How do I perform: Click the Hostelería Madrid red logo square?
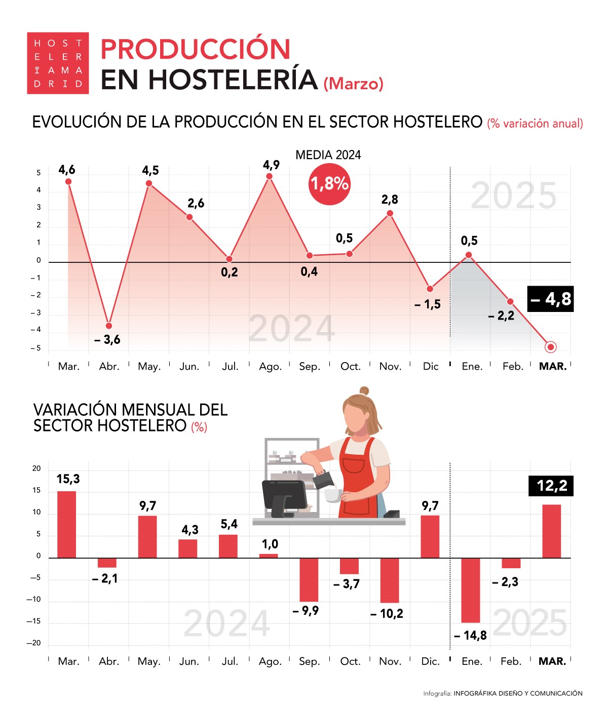pos(58,63)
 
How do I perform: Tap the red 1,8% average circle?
pos(329,184)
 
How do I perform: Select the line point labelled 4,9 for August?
pos(270,176)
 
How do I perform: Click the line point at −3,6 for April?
pos(109,326)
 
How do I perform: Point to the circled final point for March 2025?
pos(551,347)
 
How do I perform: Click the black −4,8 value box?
pos(551,299)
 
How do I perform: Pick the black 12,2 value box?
pos(551,486)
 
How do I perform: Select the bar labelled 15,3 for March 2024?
pos(67,525)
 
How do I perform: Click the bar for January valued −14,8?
pos(470,590)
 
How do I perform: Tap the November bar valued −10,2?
pos(390,580)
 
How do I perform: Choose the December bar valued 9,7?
pos(430,537)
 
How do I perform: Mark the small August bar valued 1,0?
pos(269,556)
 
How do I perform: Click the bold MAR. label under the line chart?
pos(552,366)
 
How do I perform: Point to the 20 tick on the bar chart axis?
pos(36,468)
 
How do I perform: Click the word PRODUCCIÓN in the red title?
pos(196,49)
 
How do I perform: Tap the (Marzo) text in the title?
pos(353,84)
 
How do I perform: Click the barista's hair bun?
pos(364,391)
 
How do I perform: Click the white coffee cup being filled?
pos(332,495)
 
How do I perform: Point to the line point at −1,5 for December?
pos(430,289)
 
